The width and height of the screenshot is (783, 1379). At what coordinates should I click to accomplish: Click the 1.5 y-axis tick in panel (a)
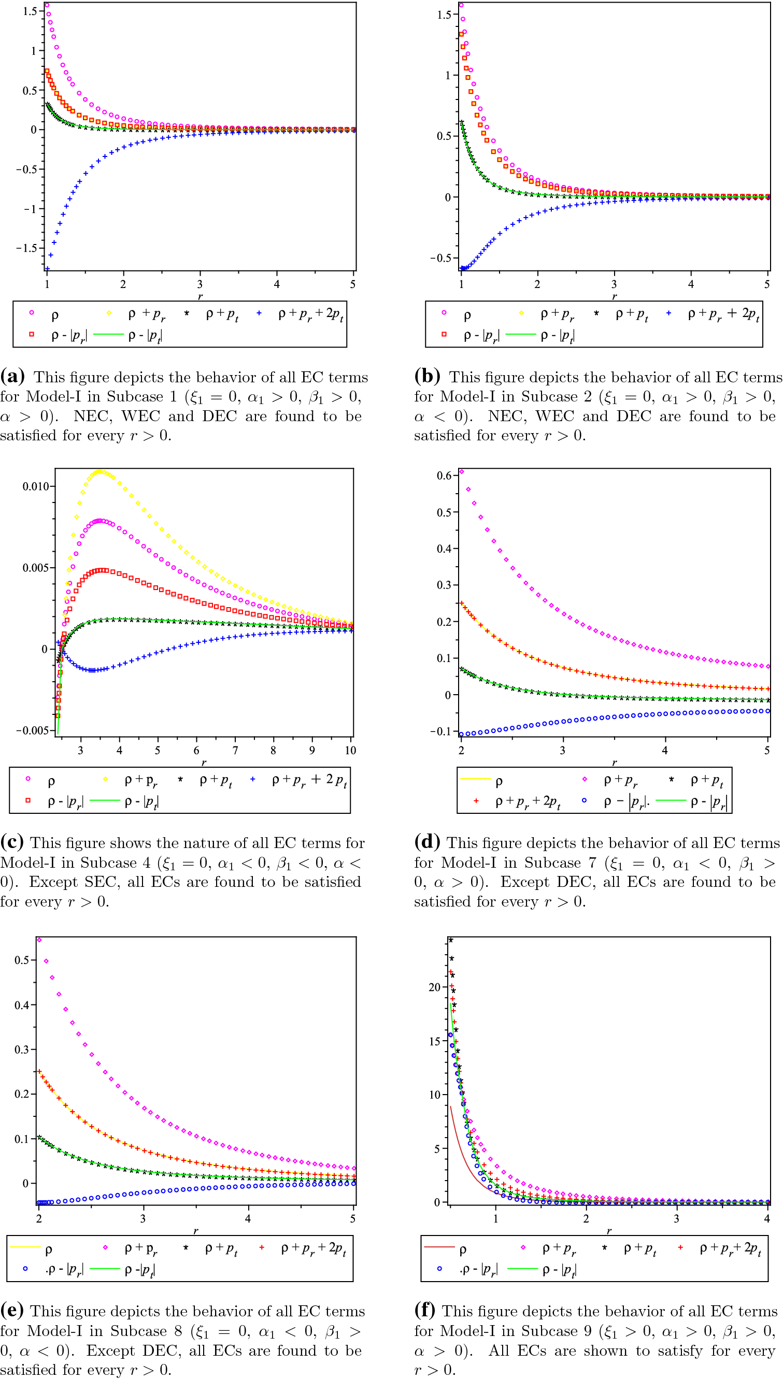30,11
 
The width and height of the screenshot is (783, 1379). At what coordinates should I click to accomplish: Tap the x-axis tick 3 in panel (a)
200,284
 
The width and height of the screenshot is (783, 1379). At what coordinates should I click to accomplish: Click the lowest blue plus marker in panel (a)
47,268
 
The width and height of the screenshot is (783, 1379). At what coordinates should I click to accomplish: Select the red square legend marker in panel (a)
31,335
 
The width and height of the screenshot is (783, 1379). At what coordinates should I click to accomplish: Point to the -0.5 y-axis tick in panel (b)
440,258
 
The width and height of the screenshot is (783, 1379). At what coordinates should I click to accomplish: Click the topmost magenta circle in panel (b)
461,5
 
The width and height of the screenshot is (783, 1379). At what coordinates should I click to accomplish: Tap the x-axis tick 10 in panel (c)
351,750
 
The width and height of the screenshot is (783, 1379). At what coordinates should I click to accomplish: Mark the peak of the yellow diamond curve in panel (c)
99,471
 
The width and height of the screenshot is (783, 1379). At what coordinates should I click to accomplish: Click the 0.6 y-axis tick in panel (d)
444,475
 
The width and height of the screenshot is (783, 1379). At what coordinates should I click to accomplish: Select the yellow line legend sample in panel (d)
476,779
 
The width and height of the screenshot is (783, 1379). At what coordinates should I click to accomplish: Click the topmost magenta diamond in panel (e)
39,940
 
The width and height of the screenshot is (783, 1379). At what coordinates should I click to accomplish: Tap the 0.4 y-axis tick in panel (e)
22,1005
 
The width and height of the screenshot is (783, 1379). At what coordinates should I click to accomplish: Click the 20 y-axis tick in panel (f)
435,987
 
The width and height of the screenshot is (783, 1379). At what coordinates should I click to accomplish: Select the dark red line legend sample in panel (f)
439,1246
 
